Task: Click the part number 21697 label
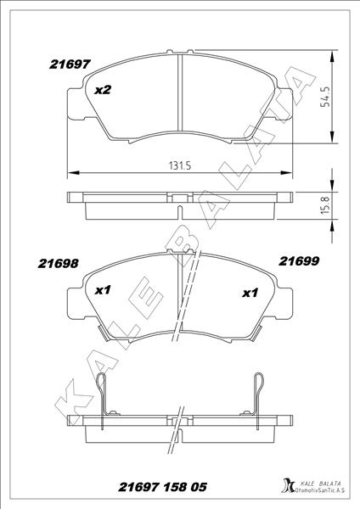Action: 70,64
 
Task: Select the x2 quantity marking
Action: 103,90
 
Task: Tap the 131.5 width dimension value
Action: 180,166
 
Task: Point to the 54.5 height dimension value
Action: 325,97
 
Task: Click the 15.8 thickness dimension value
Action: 325,204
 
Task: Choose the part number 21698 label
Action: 58,264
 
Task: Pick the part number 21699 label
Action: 299,261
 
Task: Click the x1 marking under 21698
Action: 103,290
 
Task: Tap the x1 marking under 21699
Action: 250,294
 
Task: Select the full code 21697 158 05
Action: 162,487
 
